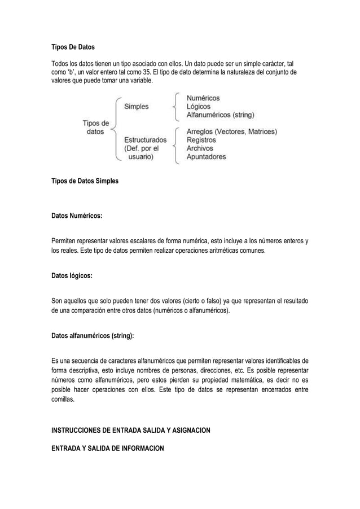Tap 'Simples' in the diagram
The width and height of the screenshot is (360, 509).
pyautogui.click(x=137, y=106)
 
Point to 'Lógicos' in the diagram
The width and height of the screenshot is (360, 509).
pyautogui.click(x=199, y=106)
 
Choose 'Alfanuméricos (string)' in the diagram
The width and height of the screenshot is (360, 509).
pyautogui.click(x=220, y=115)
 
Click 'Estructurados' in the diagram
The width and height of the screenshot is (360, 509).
pyautogui.click(x=145, y=139)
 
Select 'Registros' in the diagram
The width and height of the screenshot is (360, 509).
pyautogui.click(x=202, y=139)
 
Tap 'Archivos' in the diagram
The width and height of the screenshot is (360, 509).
pyautogui.click(x=200, y=148)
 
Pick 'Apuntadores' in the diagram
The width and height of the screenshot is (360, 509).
pyautogui.click(x=207, y=156)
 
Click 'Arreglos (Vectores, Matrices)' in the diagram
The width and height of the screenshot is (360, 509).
pyautogui.click(x=232, y=131)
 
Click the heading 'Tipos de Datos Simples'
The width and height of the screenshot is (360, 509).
pyautogui.click(x=85, y=182)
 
